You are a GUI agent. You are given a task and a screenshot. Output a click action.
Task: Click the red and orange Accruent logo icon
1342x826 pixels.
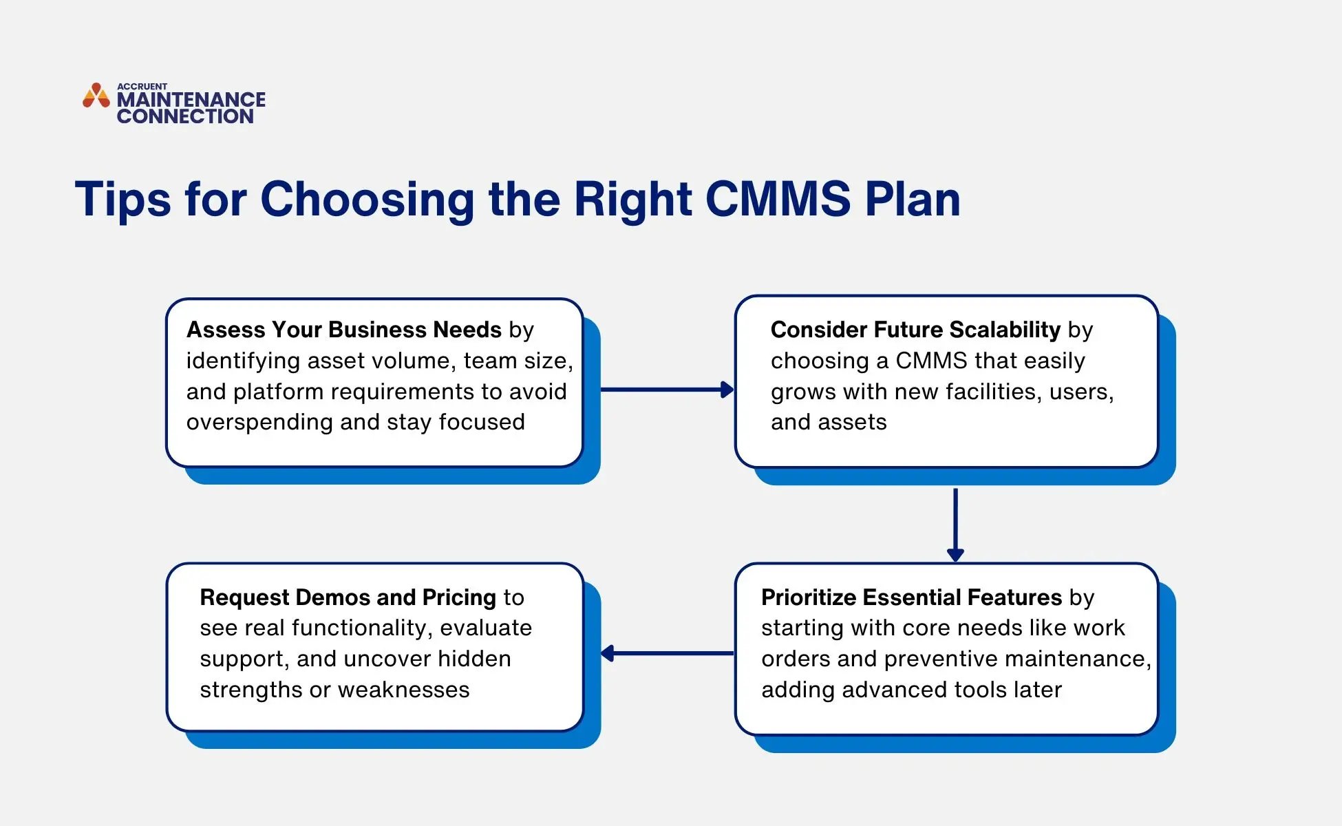tap(96, 96)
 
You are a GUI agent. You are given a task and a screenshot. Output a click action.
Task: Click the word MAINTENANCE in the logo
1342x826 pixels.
tap(191, 100)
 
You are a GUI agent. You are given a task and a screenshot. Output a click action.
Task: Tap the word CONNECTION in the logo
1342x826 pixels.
tap(185, 116)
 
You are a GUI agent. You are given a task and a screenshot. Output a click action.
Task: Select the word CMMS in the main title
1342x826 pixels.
tap(778, 200)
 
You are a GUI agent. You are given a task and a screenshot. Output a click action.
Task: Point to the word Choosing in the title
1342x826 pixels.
tap(367, 200)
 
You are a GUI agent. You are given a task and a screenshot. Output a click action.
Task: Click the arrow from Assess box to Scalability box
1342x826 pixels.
tap(666, 390)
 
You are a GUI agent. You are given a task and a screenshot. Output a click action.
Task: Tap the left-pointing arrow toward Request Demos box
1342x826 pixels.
tap(666, 653)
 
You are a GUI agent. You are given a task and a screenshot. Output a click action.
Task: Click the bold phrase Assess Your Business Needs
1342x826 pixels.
tap(343, 330)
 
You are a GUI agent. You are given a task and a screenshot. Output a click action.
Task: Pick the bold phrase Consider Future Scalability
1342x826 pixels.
tap(915, 330)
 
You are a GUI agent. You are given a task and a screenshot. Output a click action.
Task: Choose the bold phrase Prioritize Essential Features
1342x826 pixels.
tap(911, 597)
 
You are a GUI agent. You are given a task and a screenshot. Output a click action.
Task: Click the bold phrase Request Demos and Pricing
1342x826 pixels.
tap(348, 597)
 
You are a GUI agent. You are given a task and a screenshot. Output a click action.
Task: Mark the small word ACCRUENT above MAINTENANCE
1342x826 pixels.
tap(142, 87)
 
